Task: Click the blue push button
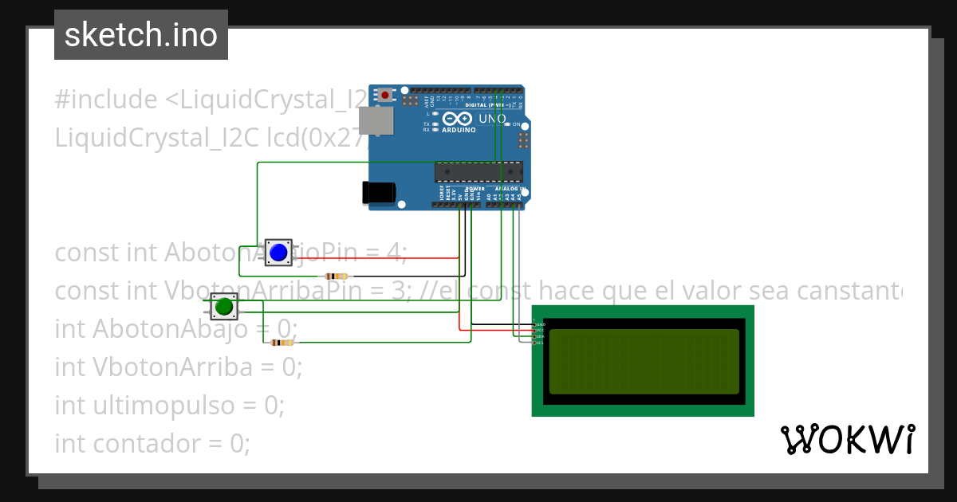coord(278,253)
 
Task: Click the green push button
coord(224,306)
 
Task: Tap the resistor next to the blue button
coord(333,276)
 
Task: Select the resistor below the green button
coord(281,343)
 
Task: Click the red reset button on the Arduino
coord(386,95)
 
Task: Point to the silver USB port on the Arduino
coord(376,121)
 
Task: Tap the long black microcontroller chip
coord(478,171)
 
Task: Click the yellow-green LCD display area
coord(644,361)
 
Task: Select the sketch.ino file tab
coord(141,35)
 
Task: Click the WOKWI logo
coord(847,440)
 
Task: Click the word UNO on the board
coord(492,119)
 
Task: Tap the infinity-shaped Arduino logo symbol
coord(463,119)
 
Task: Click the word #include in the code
coord(106,100)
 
